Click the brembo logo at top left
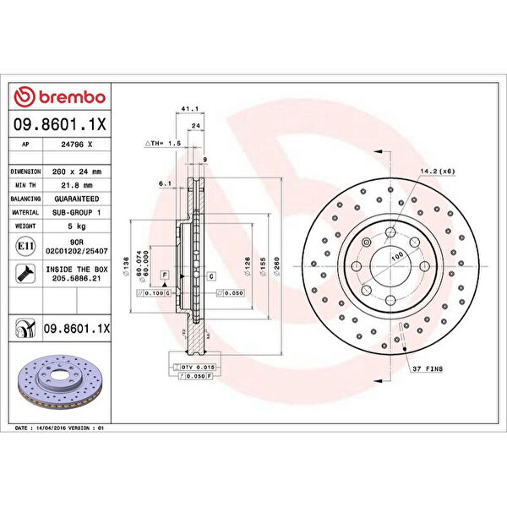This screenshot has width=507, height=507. [60, 98]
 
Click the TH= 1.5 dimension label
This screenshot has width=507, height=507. [165, 144]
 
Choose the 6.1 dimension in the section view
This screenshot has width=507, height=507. [166, 183]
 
